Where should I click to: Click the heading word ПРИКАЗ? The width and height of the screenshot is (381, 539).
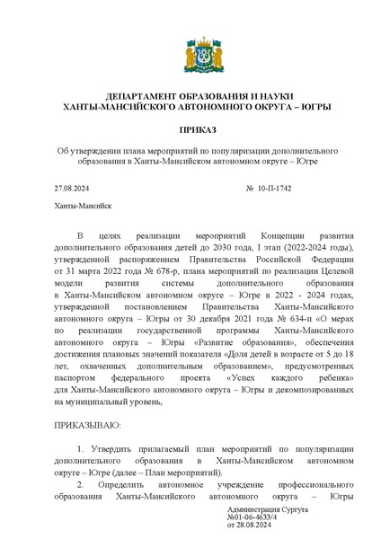pyautogui.click(x=190, y=129)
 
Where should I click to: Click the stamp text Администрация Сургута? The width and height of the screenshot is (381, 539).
pyautogui.click(x=269, y=509)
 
